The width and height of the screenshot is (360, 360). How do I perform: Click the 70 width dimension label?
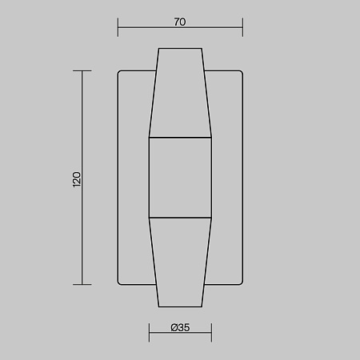[180, 22]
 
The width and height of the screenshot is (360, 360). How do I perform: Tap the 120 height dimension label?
[77, 179]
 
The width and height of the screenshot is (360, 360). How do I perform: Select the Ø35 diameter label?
[180, 327]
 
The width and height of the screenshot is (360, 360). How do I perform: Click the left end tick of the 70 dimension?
[118, 27]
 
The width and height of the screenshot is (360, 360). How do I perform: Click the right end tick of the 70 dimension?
[242, 27]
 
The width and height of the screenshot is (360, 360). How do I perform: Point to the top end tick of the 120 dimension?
[82, 71]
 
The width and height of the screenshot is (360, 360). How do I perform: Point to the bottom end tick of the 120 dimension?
[82, 285]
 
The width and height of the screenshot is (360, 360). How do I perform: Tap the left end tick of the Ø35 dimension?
[149, 333]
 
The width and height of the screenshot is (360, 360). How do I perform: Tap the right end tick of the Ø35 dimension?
[211, 333]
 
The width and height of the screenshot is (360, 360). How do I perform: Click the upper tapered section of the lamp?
[180, 93]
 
